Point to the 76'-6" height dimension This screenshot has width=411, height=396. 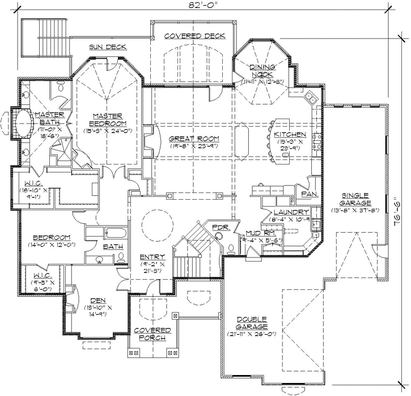pos(397,212)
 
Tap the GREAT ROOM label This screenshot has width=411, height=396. pos(194,138)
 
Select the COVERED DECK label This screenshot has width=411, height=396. pos(194,36)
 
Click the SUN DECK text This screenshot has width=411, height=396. pos(107,47)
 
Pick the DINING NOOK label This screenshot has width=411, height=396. pos(262,71)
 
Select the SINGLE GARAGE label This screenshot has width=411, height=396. pos(355,199)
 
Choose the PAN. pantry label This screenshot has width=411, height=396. pos(310,193)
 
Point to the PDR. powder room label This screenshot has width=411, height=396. pos(219,227)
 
